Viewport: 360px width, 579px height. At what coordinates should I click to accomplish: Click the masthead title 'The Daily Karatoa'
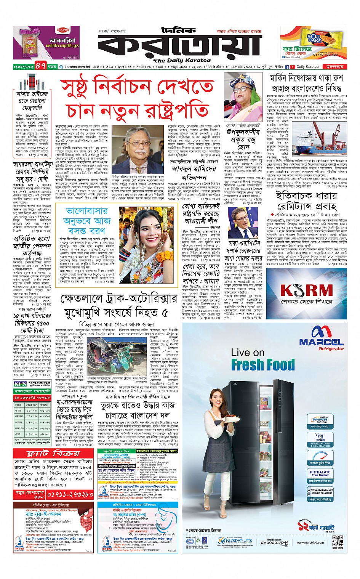(x=182, y=60)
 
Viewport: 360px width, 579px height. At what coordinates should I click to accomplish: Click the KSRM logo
(x=306, y=291)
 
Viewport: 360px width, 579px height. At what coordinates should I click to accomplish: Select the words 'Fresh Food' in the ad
(x=262, y=365)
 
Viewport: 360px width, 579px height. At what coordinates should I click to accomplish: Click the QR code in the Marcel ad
(x=338, y=542)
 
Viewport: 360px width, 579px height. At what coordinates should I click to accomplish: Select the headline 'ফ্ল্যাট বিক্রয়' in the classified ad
(x=53, y=453)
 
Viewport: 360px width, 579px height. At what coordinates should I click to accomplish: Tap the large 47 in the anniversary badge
(x=41, y=66)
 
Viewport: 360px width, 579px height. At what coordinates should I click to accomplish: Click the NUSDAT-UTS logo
(x=235, y=541)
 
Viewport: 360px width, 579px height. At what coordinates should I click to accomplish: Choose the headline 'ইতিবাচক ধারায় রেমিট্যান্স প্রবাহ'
(x=306, y=200)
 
